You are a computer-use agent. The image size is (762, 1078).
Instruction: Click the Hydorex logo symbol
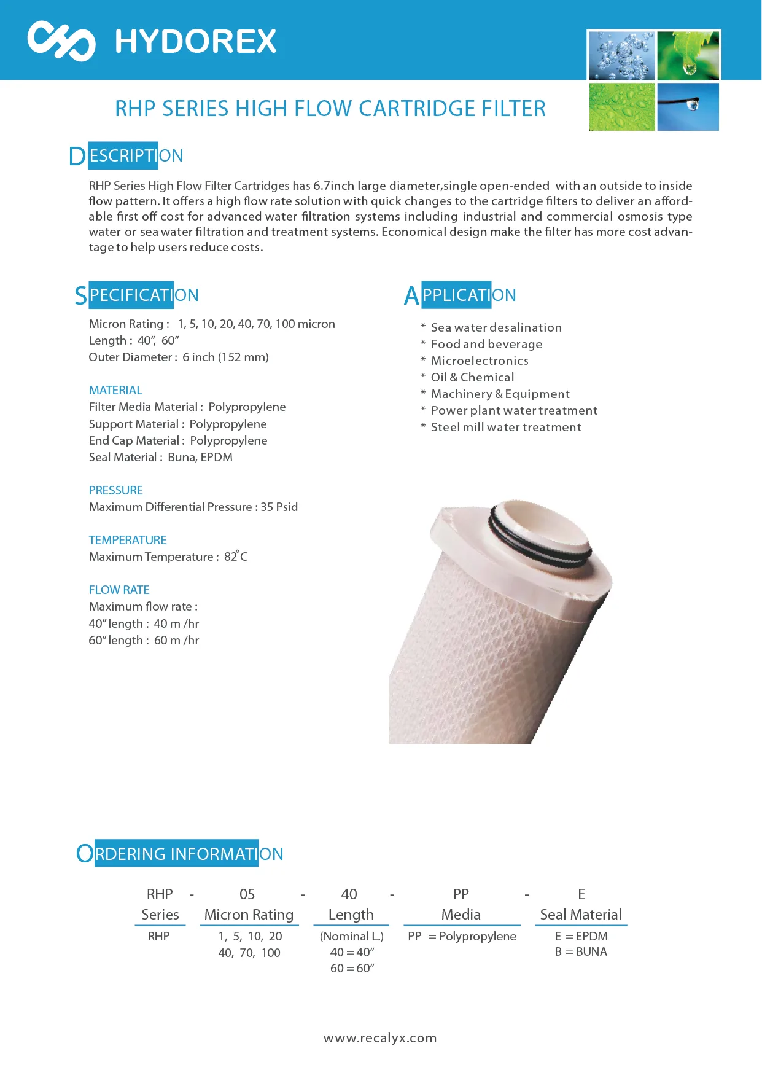[x=61, y=41]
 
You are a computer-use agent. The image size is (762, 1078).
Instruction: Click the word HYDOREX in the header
[x=196, y=42]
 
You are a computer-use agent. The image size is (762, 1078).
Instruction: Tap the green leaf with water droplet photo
[x=688, y=56]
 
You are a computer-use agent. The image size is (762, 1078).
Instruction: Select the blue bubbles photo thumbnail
[x=621, y=56]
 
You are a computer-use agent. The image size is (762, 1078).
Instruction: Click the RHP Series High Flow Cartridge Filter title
[x=330, y=109]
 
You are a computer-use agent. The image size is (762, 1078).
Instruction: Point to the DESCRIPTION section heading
[x=126, y=156]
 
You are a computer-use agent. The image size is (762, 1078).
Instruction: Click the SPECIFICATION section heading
[x=137, y=295]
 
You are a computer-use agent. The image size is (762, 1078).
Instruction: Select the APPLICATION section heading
[x=460, y=295]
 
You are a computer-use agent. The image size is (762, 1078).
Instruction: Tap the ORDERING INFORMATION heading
[x=180, y=854]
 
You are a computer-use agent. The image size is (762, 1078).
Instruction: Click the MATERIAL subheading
[x=115, y=390]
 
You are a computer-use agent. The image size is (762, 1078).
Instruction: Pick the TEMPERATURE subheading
[x=128, y=540]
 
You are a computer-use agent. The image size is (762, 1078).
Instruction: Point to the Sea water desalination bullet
[x=496, y=327]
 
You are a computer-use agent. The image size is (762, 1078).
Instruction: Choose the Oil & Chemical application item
[x=472, y=377]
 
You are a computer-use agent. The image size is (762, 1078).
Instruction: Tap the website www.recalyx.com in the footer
[x=380, y=1038]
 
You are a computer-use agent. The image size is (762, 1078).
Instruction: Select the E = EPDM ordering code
[x=581, y=936]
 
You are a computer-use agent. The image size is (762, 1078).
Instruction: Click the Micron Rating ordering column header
[x=249, y=915]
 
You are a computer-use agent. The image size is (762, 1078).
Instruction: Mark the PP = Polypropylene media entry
[x=462, y=936]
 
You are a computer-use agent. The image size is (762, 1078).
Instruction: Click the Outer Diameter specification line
[x=179, y=357]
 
